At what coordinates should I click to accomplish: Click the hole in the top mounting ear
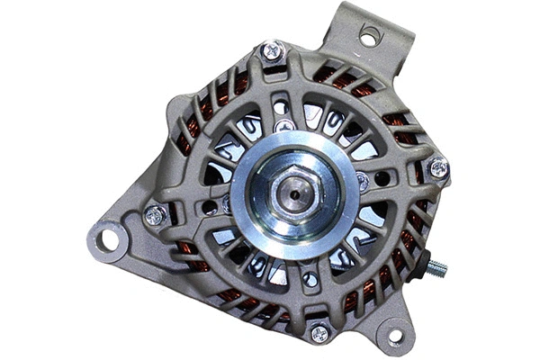pyautogui.click(x=369, y=36)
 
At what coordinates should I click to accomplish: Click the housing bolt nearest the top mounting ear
pyautogui.click(x=274, y=51)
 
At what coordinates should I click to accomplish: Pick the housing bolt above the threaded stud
pyautogui.click(x=438, y=167)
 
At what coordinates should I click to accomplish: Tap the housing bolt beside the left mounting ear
pyautogui.click(x=154, y=215)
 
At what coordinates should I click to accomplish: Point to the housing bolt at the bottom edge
pyautogui.click(x=319, y=332)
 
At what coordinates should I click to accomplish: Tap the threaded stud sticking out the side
pyautogui.click(x=437, y=267)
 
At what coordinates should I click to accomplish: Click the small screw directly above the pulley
pyautogui.click(x=285, y=126)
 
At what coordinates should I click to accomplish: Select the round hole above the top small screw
pyautogui.click(x=282, y=107)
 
